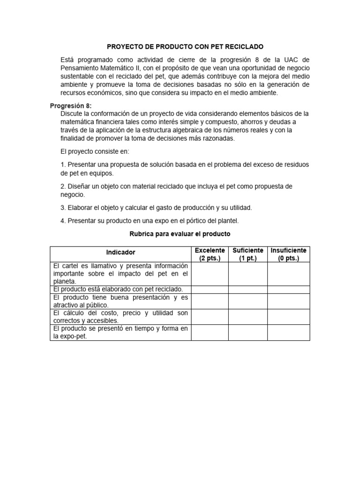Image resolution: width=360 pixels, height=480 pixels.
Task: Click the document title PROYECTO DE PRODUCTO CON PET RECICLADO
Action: click(x=185, y=47)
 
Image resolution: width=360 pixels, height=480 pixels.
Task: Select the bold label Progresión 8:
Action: click(x=71, y=105)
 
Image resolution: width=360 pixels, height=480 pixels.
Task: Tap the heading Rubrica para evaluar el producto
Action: click(x=180, y=233)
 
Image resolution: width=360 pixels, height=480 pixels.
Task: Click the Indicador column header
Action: click(x=120, y=253)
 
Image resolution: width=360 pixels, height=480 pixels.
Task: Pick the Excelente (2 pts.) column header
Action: click(x=210, y=254)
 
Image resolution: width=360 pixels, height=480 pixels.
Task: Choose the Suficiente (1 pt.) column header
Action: click(x=247, y=254)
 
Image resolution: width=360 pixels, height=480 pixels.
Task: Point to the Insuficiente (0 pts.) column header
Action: click(x=288, y=254)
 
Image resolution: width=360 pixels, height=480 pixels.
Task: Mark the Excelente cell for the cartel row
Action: click(x=210, y=274)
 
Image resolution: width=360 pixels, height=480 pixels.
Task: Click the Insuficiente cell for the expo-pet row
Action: click(x=288, y=332)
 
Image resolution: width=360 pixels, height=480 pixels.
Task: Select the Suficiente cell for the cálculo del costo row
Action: click(x=247, y=316)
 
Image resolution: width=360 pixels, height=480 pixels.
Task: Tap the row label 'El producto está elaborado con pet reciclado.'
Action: click(x=118, y=290)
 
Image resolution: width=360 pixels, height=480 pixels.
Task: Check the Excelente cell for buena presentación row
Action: click(x=210, y=301)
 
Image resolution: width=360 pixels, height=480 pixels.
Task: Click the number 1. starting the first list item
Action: click(x=63, y=165)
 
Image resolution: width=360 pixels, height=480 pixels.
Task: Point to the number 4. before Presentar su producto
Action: click(x=63, y=221)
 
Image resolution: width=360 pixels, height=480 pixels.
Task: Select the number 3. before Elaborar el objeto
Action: click(x=63, y=208)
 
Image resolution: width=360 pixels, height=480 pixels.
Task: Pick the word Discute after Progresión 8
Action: click(x=73, y=114)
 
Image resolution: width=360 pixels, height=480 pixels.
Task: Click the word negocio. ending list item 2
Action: click(x=73, y=195)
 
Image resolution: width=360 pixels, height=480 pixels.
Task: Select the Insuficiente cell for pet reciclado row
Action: click(x=288, y=290)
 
